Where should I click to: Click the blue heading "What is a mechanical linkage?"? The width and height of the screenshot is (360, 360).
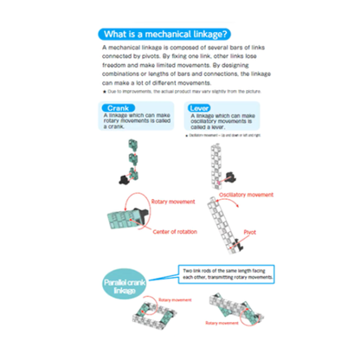178,32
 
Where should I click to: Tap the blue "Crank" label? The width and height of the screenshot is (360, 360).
124,106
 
